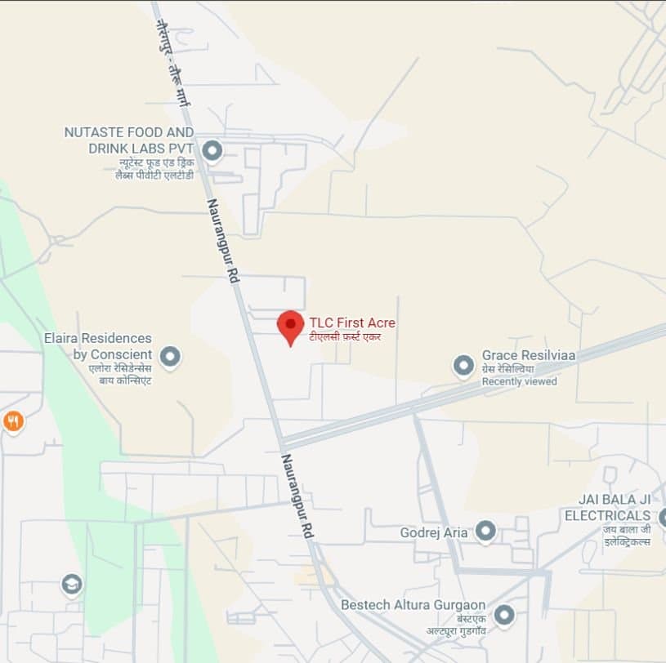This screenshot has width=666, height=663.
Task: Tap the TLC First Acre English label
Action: (352, 323)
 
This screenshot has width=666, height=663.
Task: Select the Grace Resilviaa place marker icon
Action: (464, 365)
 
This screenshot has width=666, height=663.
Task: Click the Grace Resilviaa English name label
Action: (529, 355)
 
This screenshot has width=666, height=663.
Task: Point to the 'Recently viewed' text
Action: (519, 381)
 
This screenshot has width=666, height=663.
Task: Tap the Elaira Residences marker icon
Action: (170, 356)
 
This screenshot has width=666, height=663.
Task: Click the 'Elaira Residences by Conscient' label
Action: (98, 346)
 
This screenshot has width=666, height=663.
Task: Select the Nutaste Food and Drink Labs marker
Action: (212, 150)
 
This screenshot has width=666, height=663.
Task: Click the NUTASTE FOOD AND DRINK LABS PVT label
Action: (129, 140)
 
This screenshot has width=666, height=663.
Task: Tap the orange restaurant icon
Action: (13, 421)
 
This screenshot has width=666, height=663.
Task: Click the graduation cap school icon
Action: (72, 585)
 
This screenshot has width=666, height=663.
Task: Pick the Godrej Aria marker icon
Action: (486, 532)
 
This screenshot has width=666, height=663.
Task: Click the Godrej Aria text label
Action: (434, 533)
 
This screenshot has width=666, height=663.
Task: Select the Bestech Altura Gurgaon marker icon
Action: (504, 615)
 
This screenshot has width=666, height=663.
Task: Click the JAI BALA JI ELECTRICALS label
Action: (608, 507)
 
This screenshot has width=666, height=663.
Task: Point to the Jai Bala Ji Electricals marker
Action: (662, 517)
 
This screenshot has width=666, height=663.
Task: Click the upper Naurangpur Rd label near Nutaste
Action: (222, 241)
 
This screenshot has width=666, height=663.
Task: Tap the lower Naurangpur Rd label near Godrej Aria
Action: (297, 496)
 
